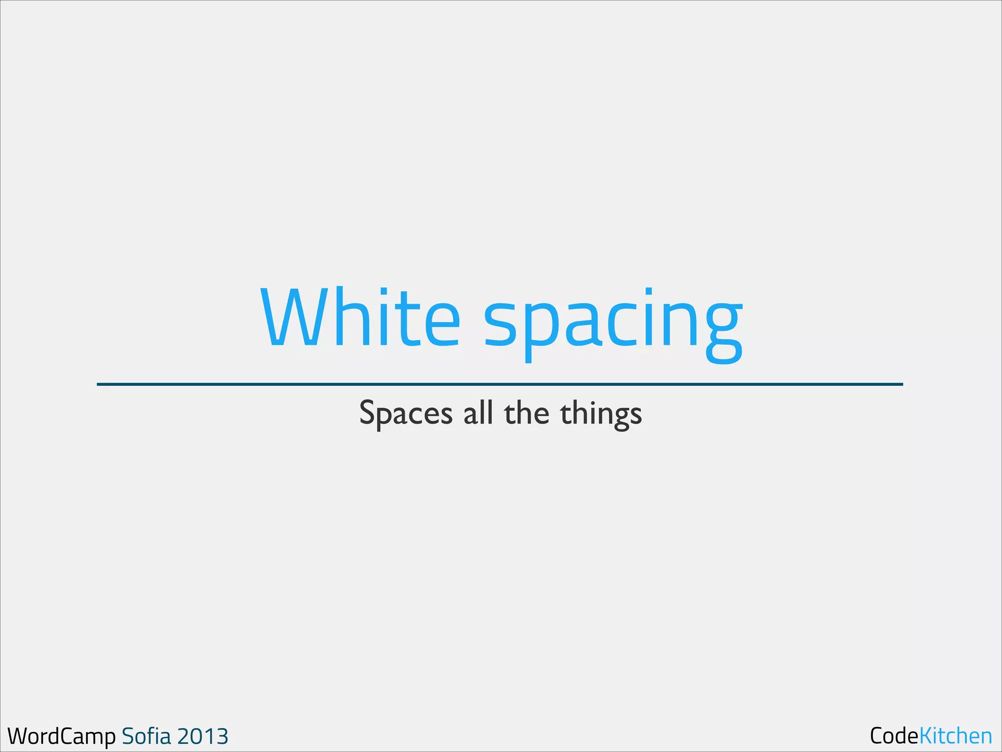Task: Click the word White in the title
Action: [x=360, y=317]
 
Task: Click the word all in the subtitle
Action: [x=478, y=412]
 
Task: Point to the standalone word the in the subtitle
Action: [x=526, y=412]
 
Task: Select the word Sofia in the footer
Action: [x=146, y=736]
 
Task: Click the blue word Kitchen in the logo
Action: [x=956, y=736]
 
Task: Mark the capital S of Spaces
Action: [x=367, y=412]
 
